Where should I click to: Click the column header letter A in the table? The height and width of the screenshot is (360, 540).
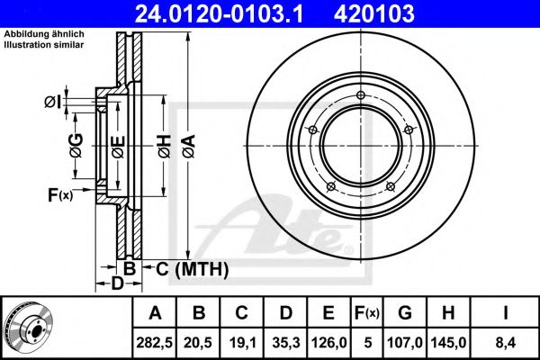coord(156,313)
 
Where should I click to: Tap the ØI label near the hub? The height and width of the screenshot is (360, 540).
coord(54,102)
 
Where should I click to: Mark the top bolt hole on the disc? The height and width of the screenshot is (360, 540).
coord(359,96)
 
